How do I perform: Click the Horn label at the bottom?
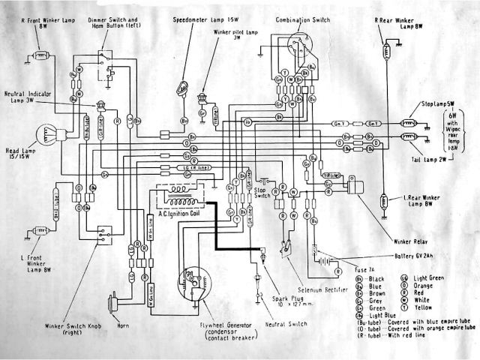pyautogui.click(x=122, y=326)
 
